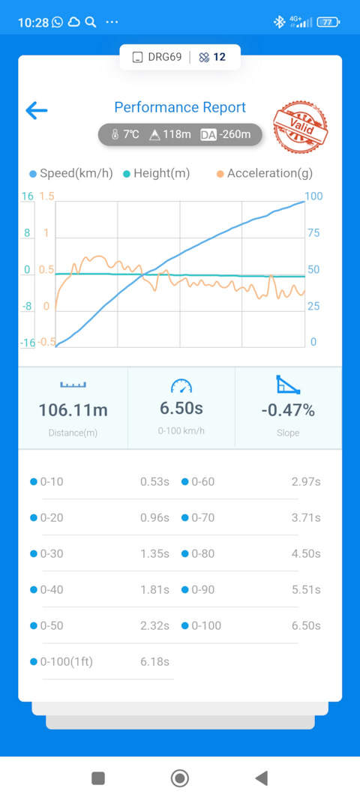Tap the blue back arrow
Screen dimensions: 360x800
click(x=36, y=110)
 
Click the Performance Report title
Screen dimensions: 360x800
click(x=180, y=108)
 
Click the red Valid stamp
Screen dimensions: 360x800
click(x=301, y=125)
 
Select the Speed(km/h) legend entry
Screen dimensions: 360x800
click(x=71, y=173)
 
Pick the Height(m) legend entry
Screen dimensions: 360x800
click(x=156, y=173)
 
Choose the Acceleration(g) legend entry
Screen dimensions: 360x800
click(x=264, y=173)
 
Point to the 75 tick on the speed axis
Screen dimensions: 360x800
click(x=313, y=233)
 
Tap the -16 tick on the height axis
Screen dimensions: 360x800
click(x=28, y=343)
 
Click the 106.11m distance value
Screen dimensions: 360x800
click(x=73, y=410)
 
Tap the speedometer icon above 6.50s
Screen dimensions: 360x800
click(x=181, y=385)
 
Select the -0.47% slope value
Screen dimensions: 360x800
click(x=288, y=410)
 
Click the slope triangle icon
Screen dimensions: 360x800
click(x=288, y=384)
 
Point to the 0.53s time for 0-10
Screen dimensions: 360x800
click(x=154, y=481)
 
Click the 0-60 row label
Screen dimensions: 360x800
click(x=202, y=481)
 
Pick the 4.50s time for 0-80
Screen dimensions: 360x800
click(x=306, y=553)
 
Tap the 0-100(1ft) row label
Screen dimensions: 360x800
click(x=67, y=662)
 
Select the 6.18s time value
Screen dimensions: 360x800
click(x=154, y=662)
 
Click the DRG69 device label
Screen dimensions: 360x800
click(x=164, y=57)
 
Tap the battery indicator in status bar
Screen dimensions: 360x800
click(x=328, y=22)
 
